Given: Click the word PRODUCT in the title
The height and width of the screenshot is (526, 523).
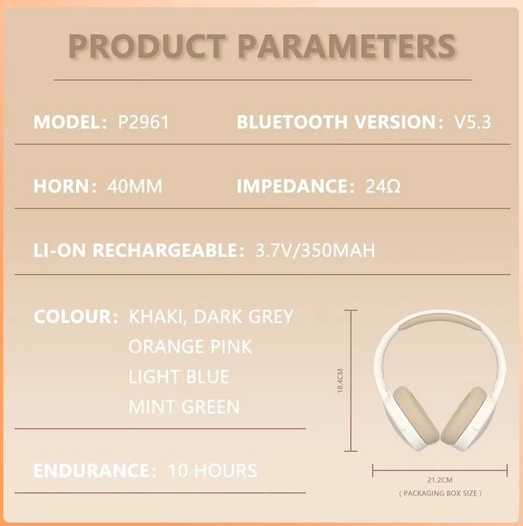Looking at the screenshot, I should point(146,46).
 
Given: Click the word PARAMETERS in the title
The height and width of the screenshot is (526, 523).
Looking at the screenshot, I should point(346,46).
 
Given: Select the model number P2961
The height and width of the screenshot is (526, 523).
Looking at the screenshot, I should point(143,122).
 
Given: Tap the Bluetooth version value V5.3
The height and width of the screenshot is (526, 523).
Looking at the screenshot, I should point(473,122).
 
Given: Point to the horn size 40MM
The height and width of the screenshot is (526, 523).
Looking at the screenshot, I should point(134,187).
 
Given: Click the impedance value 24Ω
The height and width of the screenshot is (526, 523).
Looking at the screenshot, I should point(383,187).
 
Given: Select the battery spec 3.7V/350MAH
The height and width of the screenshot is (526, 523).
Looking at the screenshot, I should point(315,251).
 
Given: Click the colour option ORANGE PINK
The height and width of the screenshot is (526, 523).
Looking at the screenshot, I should point(190,346).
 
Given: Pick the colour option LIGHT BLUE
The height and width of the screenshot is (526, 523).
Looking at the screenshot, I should point(179,376).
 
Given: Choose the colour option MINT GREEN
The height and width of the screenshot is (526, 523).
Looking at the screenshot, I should point(184,406).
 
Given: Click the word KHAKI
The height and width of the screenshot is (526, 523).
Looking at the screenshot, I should point(156,316).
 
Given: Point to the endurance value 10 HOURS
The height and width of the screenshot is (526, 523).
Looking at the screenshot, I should point(213,470).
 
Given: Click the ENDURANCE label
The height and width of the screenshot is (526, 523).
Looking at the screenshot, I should point(91,470).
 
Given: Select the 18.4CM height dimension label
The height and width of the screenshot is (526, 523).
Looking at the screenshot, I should point(340,382).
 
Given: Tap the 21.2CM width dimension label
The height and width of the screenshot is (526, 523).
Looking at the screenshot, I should point(440,480).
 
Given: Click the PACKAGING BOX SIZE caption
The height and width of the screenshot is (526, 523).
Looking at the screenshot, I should point(440,494).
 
